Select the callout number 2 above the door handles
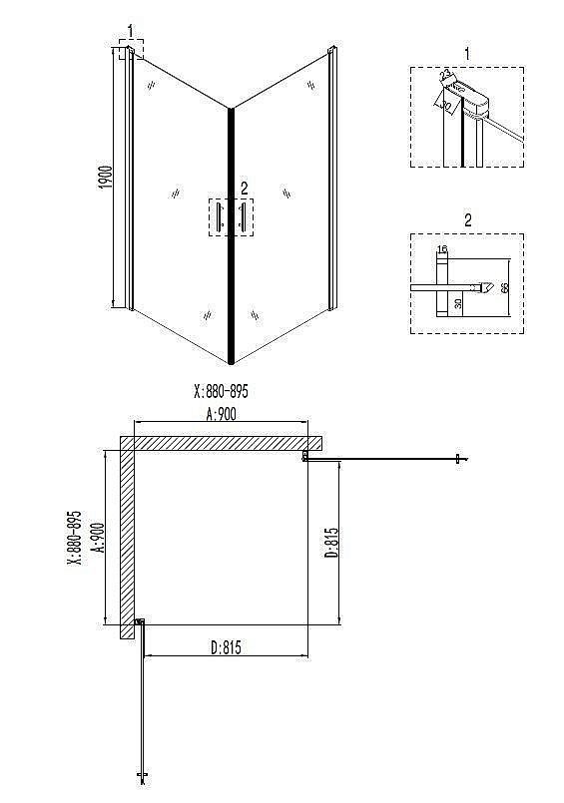click(x=244, y=188)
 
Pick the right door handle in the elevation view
click(x=241, y=217)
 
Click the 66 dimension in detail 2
click(x=504, y=287)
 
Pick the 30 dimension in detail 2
click(x=458, y=303)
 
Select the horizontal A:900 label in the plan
click(x=222, y=416)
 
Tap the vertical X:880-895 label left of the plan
click(x=74, y=539)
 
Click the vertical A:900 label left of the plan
click(x=97, y=539)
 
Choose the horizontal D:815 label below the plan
click(x=227, y=647)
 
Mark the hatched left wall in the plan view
click(x=128, y=539)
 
